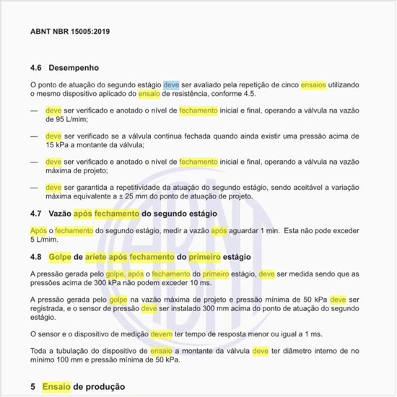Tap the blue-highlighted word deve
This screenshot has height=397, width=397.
[171, 84]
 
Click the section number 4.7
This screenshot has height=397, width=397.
[36, 214]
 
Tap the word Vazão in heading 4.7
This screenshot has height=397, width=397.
[61, 214]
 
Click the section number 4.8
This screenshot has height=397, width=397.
[36, 257]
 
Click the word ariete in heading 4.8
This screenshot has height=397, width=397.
[99, 257]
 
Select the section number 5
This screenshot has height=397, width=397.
[33, 387]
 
